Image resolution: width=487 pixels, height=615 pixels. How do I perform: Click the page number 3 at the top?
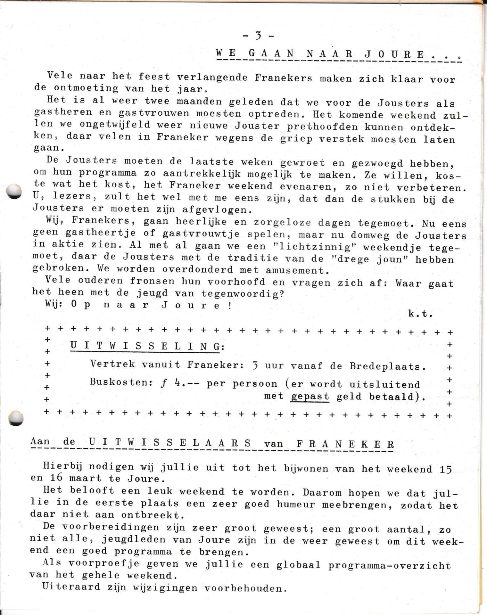(x=258, y=36)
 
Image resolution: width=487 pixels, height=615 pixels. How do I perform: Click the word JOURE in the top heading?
(x=395, y=53)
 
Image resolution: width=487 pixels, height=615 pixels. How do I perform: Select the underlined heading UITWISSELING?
(x=145, y=346)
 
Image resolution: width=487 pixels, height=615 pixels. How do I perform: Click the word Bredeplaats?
(x=385, y=366)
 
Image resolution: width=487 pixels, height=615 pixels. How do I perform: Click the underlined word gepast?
(x=310, y=397)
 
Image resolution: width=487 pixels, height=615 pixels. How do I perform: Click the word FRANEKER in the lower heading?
(x=345, y=444)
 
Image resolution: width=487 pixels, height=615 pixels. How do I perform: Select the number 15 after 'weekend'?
(x=446, y=470)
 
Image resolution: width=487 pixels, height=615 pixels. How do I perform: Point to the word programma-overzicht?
(x=389, y=565)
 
